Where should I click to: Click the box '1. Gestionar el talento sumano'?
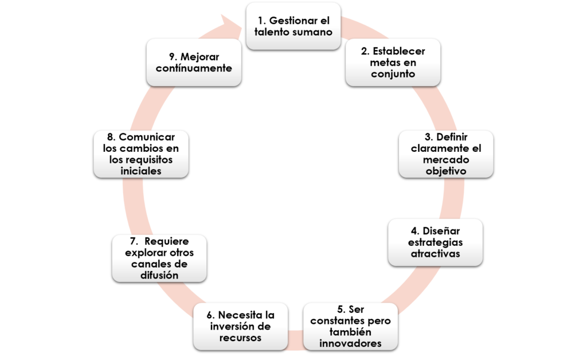coord(293,26)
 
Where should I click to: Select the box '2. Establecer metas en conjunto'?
coord(393,62)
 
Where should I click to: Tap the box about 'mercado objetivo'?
coord(445,154)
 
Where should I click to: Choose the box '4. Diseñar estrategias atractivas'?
coord(435,242)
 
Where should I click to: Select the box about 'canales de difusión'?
coord(159,258)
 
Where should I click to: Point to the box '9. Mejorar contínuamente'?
coord(193,62)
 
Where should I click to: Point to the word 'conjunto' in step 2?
coord(393,73)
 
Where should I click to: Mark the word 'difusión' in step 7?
coord(159,275)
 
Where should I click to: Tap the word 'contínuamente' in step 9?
coord(193,68)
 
